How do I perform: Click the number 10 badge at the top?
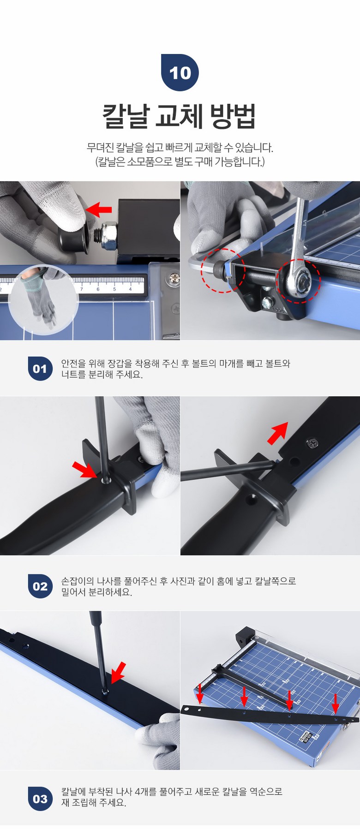tap(180, 72)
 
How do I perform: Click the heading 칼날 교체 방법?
tap(179, 116)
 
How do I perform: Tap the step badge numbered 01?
tap(40, 369)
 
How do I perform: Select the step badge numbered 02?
tap(40, 586)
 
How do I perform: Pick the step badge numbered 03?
tap(40, 799)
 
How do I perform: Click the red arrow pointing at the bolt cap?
tap(99, 209)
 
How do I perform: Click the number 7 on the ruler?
tap(82, 289)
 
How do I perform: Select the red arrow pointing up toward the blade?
tap(278, 433)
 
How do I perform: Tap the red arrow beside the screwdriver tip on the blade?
tap(118, 672)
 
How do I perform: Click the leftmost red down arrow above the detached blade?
tap(200, 692)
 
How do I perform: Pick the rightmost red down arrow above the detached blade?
tap(336, 703)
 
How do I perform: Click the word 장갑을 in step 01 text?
tap(120, 364)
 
